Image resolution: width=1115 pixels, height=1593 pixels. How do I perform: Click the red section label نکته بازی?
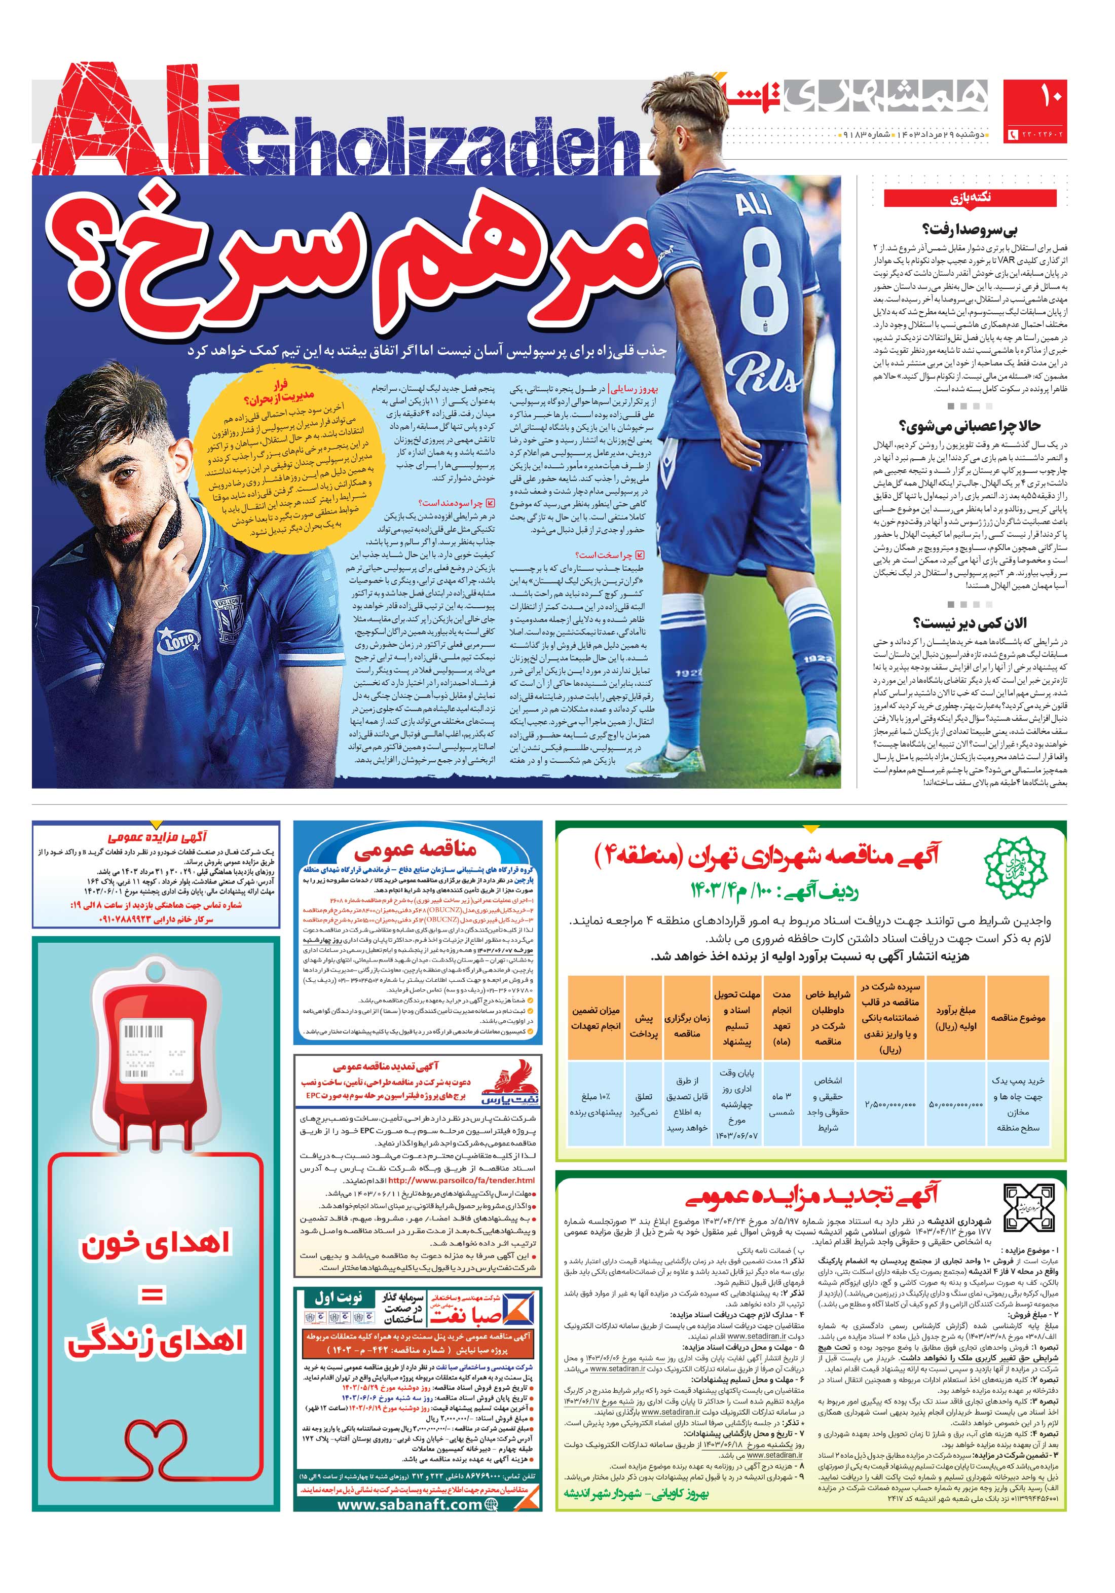pos(970,198)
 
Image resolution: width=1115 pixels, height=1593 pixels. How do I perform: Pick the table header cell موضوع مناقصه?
pos(1018,1018)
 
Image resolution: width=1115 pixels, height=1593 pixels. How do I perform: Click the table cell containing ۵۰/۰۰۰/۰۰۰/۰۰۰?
pos(955,1104)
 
